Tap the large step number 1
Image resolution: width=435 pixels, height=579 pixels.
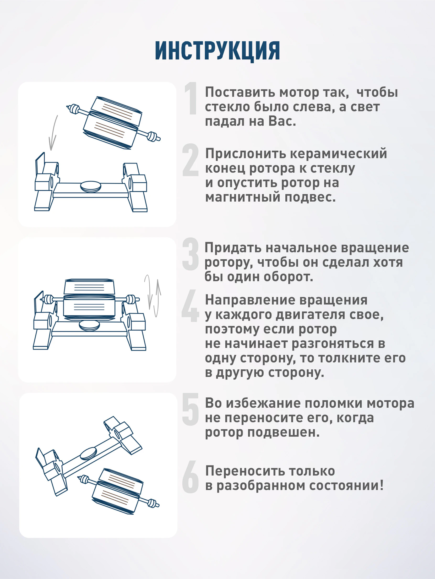click(x=191, y=98)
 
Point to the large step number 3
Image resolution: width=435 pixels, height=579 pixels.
click(x=191, y=254)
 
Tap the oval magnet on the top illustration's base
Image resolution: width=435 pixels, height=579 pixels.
click(x=91, y=187)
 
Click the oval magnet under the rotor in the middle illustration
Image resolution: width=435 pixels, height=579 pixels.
click(x=89, y=326)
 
